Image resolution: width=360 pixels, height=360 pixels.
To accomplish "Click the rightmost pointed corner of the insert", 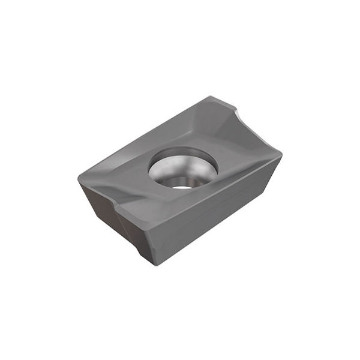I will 281,155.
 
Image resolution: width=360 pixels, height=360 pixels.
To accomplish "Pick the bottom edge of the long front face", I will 210,232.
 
